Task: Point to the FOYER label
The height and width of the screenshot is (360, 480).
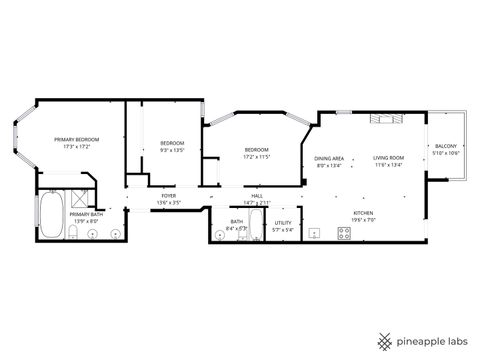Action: tap(169, 196)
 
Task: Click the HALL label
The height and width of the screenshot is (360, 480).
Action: tap(257, 196)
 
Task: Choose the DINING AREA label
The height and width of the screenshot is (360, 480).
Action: tap(330, 158)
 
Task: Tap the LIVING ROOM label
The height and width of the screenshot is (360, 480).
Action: tap(389, 158)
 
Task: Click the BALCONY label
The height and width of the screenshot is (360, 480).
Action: tap(446, 145)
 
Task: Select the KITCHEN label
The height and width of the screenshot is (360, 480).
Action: tap(362, 213)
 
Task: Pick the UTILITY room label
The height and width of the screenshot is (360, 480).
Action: tap(283, 223)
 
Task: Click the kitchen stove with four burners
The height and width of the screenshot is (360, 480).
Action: tap(344, 234)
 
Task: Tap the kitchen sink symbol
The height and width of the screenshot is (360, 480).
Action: tap(314, 234)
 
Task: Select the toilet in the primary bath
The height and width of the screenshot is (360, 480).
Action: tap(75, 233)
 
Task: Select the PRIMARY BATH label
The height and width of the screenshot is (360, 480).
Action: tap(85, 214)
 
